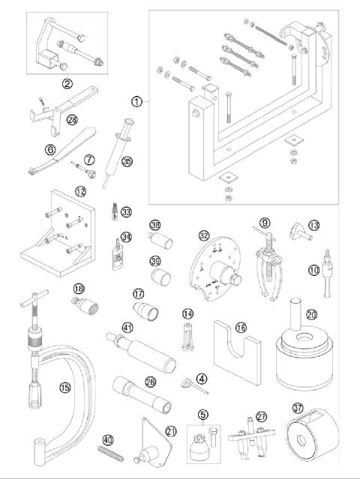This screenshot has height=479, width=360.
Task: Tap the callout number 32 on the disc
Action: [x=203, y=234]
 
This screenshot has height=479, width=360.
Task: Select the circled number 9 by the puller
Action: [x=264, y=222]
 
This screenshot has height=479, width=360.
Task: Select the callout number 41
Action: [x=128, y=328]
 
